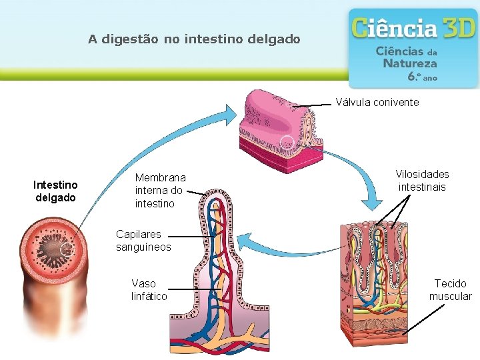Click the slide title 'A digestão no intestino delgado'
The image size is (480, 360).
pos(194,39)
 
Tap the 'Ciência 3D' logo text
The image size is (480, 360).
pos(413,29)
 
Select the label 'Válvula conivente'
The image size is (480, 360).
pos(377,102)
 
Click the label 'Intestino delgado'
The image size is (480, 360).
pos(55,191)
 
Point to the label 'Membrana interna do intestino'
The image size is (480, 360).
pos(160,191)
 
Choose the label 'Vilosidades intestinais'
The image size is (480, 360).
pos(422,181)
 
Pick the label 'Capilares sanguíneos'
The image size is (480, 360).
pos(143,241)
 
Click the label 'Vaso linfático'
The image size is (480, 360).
pos(149,290)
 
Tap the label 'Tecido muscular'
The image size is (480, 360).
pos(450,290)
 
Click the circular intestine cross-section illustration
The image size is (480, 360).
pos(51,248)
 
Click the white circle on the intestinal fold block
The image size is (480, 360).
pos(287,143)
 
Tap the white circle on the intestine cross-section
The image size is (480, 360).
pos(67,249)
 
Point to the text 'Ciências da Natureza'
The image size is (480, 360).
pos(407,57)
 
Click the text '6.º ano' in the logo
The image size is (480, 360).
pos(422,77)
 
